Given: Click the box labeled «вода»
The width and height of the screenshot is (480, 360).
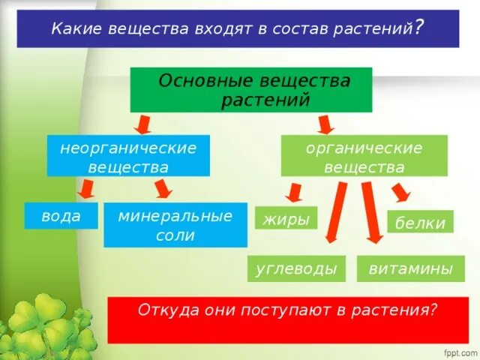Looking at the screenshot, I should coord(61,216).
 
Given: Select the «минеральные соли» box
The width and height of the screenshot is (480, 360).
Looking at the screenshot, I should coord(175,225).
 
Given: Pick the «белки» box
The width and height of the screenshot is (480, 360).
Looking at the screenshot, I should coord(420,222).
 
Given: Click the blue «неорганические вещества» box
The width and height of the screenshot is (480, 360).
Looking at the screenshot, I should coord(127,156).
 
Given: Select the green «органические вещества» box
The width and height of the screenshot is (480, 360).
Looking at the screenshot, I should coord(364,156).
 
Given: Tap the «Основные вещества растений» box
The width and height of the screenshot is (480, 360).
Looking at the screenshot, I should coord(250,89).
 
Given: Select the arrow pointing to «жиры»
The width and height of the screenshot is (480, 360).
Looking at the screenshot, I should coord(295,193).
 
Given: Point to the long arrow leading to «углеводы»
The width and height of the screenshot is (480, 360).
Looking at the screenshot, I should coord(335,214).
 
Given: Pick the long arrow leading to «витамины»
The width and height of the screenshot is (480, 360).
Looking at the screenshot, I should coord(370,214).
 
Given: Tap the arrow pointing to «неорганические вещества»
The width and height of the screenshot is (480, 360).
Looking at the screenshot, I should coord(142,122).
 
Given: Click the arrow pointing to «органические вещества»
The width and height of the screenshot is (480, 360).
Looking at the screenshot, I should coord(326,123).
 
